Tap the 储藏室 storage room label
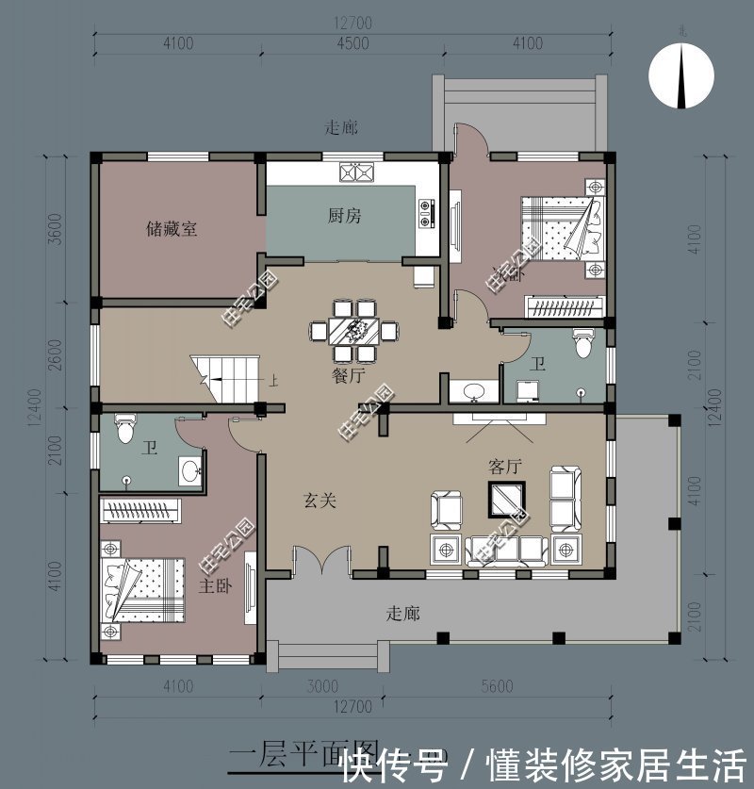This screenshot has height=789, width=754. click(x=172, y=228)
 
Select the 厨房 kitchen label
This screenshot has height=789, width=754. click(x=344, y=216)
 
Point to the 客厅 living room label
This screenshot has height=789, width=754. click(x=505, y=466)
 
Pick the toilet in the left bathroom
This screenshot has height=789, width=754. click(x=123, y=431)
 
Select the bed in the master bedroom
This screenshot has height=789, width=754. click(x=141, y=590)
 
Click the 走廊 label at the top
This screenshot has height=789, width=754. click(x=341, y=127)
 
